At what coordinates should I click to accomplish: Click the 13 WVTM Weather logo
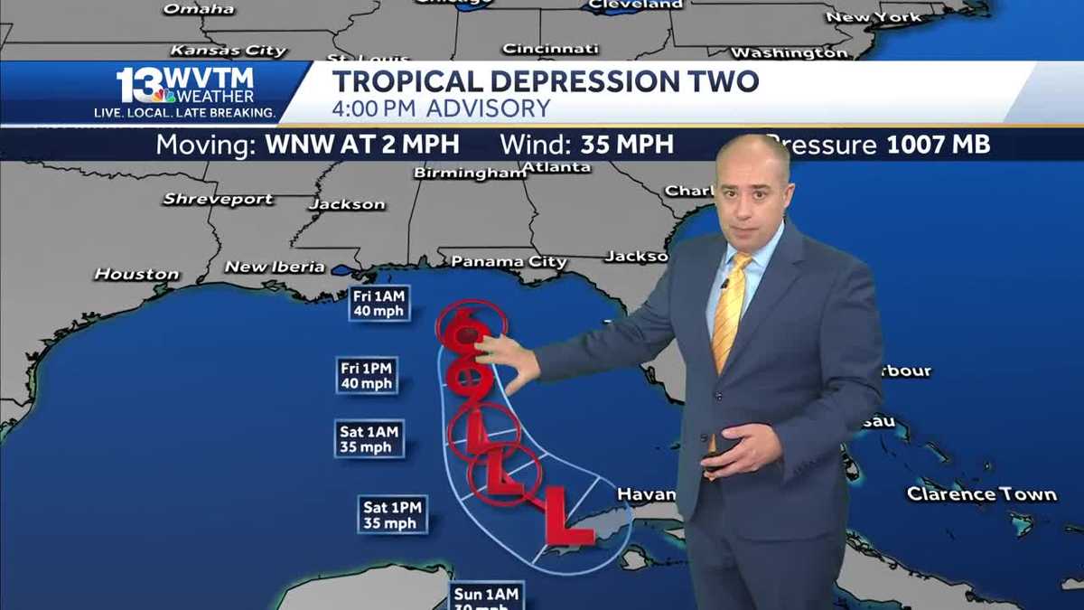tap(185, 92)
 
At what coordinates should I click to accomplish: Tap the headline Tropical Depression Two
tap(545, 80)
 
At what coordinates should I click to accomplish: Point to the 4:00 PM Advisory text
tap(441, 108)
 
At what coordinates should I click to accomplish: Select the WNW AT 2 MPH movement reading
tap(362, 145)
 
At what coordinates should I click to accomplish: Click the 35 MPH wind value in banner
tap(625, 145)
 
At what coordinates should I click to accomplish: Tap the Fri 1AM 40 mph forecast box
tap(379, 303)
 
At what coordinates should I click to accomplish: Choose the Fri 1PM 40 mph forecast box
tap(366, 375)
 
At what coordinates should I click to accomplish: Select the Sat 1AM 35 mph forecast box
tap(369, 439)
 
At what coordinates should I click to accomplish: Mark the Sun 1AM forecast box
tap(486, 596)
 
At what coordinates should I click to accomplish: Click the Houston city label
tap(137, 274)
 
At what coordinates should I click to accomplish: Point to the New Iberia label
tap(275, 267)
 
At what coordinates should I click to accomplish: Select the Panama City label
tap(509, 262)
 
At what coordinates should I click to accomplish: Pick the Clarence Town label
tap(981, 494)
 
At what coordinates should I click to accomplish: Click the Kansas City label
tap(228, 51)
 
